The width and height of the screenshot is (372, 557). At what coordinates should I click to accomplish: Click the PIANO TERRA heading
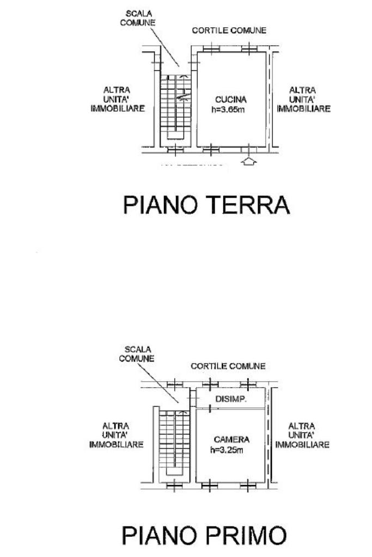[x=206, y=205]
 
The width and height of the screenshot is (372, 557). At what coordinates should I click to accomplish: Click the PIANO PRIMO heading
[x=204, y=535]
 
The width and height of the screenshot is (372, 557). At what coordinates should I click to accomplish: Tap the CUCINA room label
[x=230, y=100]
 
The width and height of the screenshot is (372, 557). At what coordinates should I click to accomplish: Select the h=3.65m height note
[x=228, y=109]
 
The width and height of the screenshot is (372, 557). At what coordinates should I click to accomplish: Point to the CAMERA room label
[x=231, y=439]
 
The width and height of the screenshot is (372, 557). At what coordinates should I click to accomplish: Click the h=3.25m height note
[x=227, y=450]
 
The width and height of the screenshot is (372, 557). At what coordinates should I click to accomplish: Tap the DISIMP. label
[x=231, y=399]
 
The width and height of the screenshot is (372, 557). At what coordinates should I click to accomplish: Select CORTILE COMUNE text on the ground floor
[x=229, y=30]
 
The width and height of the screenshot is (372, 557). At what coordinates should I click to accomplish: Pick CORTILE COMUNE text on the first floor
[x=228, y=366]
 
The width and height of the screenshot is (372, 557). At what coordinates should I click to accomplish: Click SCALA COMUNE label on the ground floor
[x=138, y=18]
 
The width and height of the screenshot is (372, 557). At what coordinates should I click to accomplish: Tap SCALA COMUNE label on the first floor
[x=137, y=354]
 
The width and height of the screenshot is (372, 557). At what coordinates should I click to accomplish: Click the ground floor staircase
[x=175, y=107]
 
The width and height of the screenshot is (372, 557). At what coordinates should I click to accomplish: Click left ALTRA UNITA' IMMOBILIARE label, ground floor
[x=118, y=99]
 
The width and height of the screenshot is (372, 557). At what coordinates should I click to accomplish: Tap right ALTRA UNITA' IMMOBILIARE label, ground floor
[x=303, y=99]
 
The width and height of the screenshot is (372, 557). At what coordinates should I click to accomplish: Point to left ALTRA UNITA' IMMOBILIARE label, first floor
[x=116, y=435]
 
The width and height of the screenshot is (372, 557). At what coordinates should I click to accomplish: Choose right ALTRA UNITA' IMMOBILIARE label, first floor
[x=302, y=435]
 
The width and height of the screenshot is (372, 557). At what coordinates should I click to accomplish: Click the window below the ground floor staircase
[x=175, y=150]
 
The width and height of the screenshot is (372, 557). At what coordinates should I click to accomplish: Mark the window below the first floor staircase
[x=174, y=486]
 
